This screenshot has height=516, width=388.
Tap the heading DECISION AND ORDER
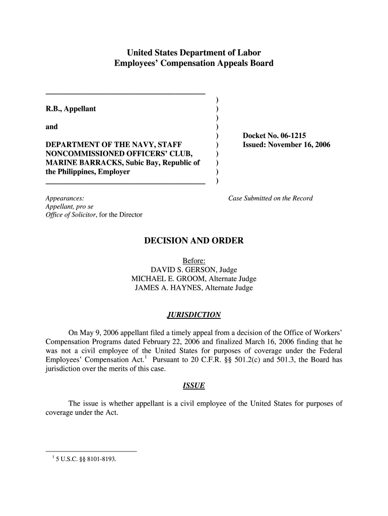[194, 241]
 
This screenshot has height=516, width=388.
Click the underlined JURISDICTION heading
[194, 315]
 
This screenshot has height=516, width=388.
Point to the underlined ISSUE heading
[194, 385]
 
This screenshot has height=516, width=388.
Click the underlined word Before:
[194, 261]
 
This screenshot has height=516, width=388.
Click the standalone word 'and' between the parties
[51, 127]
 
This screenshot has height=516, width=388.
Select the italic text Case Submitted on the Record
[270, 198]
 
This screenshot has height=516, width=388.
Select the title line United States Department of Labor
[194, 52]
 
